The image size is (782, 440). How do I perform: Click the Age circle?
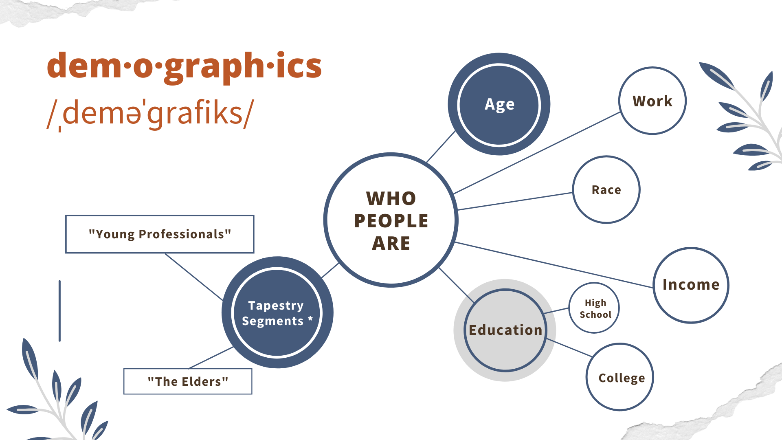tap(499, 104)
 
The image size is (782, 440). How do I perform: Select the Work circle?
tap(652, 101)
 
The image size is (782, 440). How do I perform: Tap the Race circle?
tap(606, 189)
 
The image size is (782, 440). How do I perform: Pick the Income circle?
tap(691, 285)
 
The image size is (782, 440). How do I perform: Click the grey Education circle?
tap(505, 330)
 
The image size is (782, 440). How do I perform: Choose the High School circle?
tap(594, 308)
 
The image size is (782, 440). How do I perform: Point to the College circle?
tap(620, 377)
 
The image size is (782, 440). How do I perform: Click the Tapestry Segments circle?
tap(277, 312)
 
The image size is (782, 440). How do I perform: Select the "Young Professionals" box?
tap(160, 234)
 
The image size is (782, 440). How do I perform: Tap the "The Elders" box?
tap(188, 381)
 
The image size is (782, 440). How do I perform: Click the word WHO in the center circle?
tap(391, 199)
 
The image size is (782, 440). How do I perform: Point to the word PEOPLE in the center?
tap(391, 221)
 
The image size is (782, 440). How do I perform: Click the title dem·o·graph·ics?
tap(185, 66)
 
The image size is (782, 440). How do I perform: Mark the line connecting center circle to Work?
tap(537, 153)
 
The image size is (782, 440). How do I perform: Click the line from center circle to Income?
tap(554, 265)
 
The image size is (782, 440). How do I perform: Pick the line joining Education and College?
tap(569, 348)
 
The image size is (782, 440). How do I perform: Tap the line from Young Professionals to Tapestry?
tap(194, 277)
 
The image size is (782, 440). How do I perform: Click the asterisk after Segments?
tap(310, 319)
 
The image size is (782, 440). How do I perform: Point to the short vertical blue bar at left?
tap(59, 311)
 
